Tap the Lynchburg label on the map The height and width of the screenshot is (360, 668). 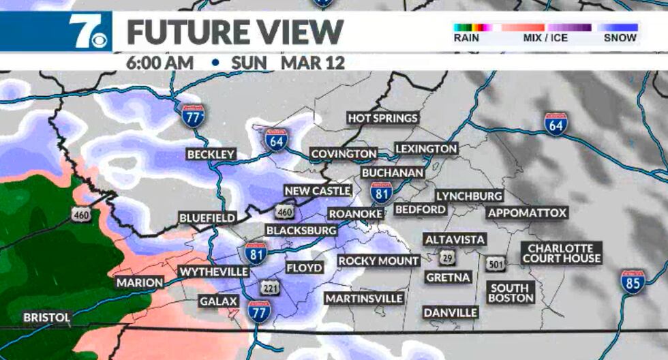coord(469,196)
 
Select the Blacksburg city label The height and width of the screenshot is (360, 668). coord(301,230)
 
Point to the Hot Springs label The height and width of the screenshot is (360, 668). coord(382,118)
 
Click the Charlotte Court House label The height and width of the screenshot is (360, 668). coord(562,253)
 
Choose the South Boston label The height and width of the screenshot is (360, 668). coord(511,293)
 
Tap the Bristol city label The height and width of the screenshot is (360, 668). coord(46,318)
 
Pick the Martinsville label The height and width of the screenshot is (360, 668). coord(364,299)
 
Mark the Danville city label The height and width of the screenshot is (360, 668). coord(451,312)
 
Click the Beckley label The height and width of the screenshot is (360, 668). coord(211,155)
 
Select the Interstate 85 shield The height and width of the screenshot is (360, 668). coord(633,282)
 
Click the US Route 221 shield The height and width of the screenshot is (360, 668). coord(271,288)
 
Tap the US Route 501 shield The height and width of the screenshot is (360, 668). coord(495,263)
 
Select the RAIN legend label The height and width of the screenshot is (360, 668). coord(467,38)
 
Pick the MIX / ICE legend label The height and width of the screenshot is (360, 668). coord(545,38)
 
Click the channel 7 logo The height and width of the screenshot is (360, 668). coord(87,31)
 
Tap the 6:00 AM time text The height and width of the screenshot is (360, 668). coord(160,63)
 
